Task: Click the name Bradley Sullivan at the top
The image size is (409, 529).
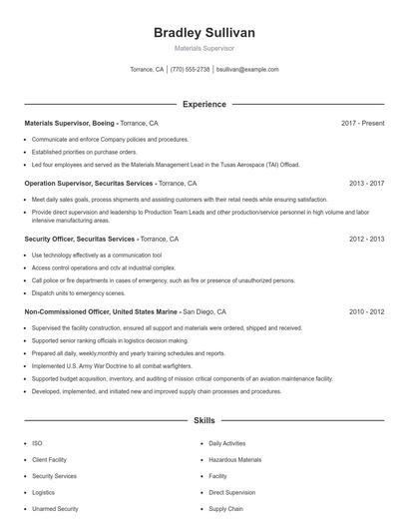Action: tap(204, 33)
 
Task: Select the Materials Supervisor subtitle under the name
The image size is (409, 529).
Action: tap(204, 48)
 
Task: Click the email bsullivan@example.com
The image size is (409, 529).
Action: tap(247, 70)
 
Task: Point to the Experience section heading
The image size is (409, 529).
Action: tap(204, 104)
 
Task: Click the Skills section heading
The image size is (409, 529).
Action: tap(204, 421)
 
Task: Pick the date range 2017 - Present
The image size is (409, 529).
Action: tap(362, 123)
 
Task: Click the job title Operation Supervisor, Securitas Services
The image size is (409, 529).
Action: tap(88, 184)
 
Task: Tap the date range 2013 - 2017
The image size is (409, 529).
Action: tap(366, 184)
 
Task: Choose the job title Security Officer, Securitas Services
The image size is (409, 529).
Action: tap(79, 240)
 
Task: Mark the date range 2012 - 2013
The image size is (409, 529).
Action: tap(366, 240)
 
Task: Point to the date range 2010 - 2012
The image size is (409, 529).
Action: tap(366, 311)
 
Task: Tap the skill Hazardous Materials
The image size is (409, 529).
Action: tap(234, 460)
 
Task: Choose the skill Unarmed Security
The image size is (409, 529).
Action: tap(55, 509)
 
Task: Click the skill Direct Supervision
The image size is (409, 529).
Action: tap(231, 493)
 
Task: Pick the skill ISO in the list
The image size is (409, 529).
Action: tap(37, 443)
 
